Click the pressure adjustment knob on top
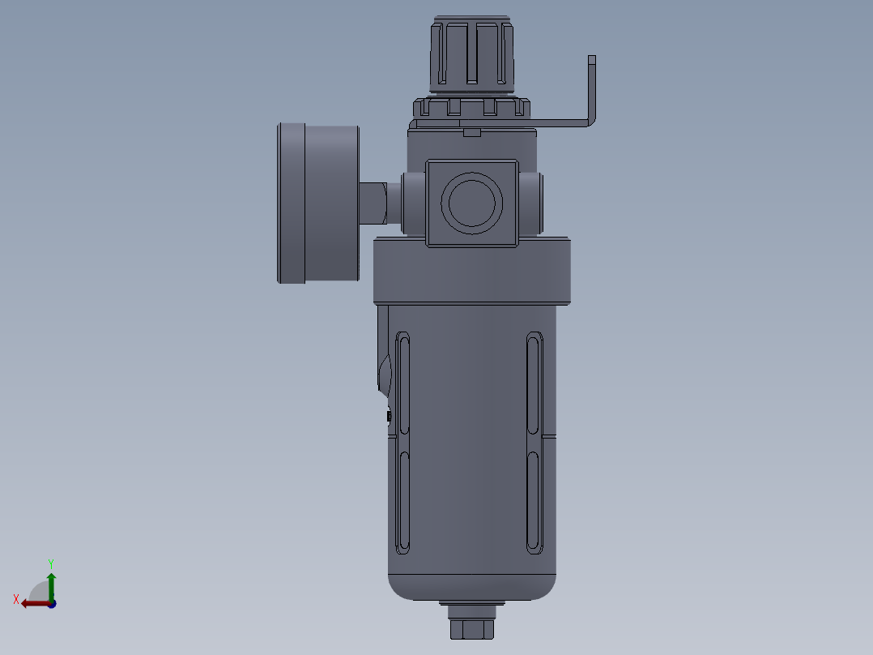[474, 52]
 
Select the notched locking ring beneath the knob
[472, 107]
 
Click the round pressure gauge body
[317, 203]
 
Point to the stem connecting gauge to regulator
[373, 203]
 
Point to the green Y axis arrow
[51, 584]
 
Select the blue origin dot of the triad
[52, 603]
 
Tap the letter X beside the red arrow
[16, 599]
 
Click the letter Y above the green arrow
[51, 563]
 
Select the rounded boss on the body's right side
[531, 203]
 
